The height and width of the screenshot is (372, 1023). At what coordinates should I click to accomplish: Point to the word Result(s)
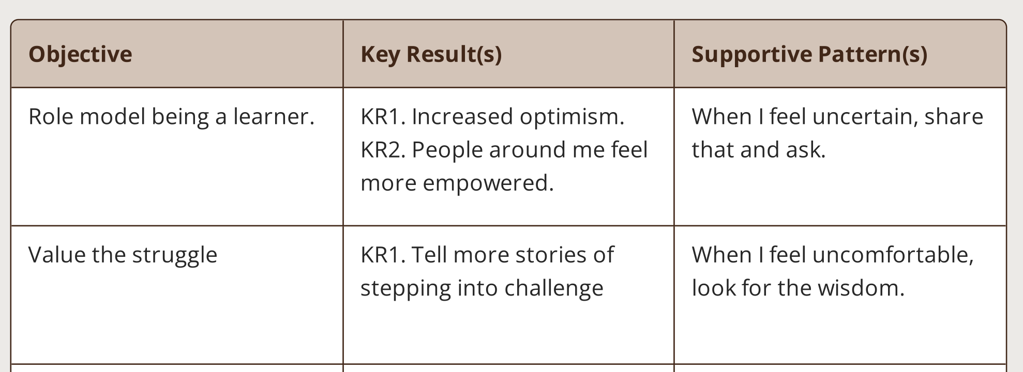[x=454, y=54]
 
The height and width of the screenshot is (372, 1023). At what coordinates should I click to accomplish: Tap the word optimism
[x=572, y=117]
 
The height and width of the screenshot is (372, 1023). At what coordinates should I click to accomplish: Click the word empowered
[x=488, y=183]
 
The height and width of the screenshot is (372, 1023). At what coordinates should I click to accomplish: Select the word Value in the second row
[x=57, y=255]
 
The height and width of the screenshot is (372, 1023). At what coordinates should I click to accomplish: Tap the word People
[x=447, y=150]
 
